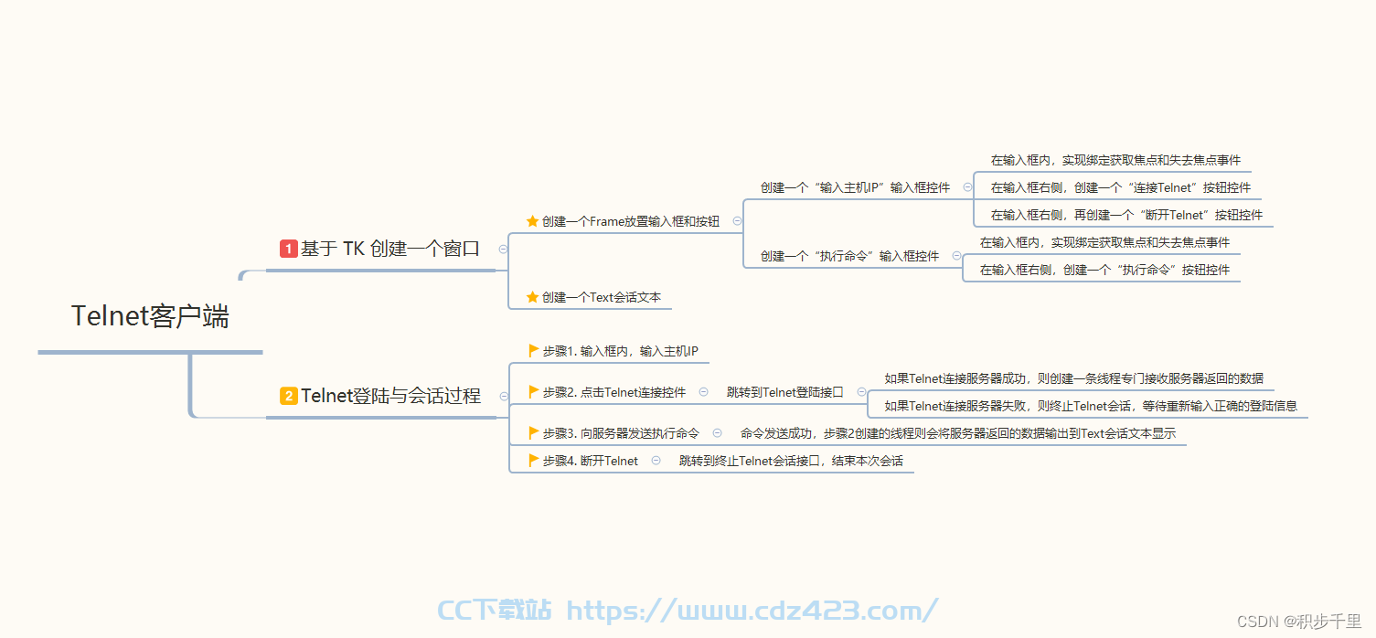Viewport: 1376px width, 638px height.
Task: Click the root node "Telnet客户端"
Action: pyautogui.click(x=151, y=316)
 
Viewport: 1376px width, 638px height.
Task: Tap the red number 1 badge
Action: pyautogui.click(x=288, y=249)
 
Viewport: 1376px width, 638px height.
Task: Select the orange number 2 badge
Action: pyautogui.click(x=288, y=396)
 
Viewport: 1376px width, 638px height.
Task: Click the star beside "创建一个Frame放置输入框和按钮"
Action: pyautogui.click(x=533, y=221)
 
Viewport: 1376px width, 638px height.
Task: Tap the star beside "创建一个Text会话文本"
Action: pyautogui.click(x=533, y=297)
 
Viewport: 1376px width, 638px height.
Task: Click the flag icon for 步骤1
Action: pyautogui.click(x=533, y=351)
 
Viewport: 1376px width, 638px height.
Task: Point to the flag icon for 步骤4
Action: pyautogui.click(x=533, y=460)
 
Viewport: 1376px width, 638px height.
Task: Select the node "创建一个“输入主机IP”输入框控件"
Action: pyautogui.click(x=855, y=187)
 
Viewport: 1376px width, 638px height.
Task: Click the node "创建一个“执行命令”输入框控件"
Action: pyautogui.click(x=849, y=256)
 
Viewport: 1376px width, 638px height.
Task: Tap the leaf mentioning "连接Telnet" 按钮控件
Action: pyautogui.click(x=1121, y=187)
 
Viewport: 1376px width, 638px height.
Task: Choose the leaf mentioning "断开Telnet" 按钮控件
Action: pyautogui.click(x=1126, y=215)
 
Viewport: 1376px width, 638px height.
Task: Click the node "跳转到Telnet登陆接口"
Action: pyautogui.click(x=785, y=392)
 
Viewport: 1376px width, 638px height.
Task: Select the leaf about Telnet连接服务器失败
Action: pyautogui.click(x=1091, y=406)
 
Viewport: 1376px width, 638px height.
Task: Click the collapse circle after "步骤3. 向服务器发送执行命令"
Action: pyautogui.click(x=717, y=433)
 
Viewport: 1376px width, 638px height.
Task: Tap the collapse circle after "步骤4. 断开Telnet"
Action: pyautogui.click(x=656, y=460)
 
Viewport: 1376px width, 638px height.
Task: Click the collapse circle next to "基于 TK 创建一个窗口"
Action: pyautogui.click(x=503, y=249)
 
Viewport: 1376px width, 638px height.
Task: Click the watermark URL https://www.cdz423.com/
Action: pyautogui.click(x=752, y=611)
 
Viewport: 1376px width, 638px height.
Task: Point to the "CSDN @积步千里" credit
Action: pyautogui.click(x=1299, y=622)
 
